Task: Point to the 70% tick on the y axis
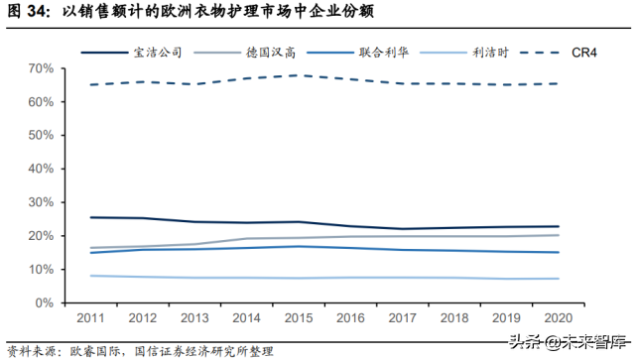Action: [x=40, y=68]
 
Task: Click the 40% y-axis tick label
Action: [x=40, y=169]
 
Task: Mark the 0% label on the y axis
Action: [x=44, y=302]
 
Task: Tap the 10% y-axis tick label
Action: [x=40, y=270]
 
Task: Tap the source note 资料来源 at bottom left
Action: [x=33, y=350]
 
